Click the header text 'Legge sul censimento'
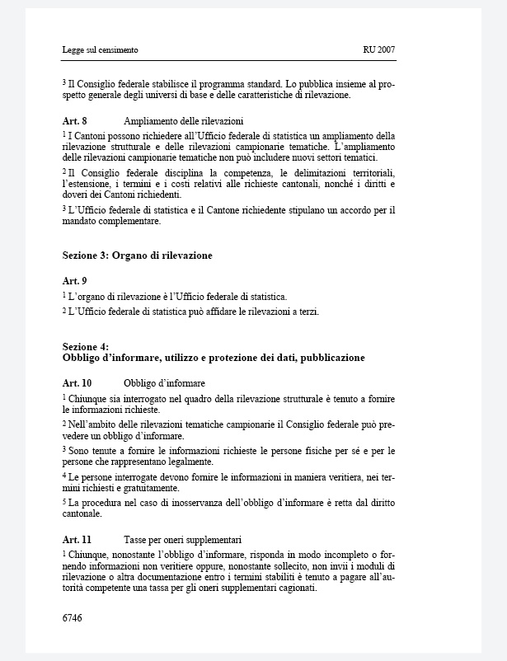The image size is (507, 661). (100, 50)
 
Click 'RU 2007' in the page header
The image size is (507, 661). (378, 50)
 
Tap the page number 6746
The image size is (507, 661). (73, 616)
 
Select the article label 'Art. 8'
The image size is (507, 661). (76, 121)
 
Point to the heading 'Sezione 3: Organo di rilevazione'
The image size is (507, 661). (137, 255)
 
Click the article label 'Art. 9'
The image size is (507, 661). (76, 281)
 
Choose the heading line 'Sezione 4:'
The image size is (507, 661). (86, 347)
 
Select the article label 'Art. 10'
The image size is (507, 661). (77, 383)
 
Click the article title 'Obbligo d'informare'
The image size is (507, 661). (164, 383)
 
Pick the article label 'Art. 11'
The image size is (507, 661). (77, 540)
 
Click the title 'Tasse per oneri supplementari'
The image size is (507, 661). (182, 540)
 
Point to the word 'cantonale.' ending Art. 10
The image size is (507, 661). (82, 514)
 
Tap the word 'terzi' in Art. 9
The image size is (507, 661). (307, 312)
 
